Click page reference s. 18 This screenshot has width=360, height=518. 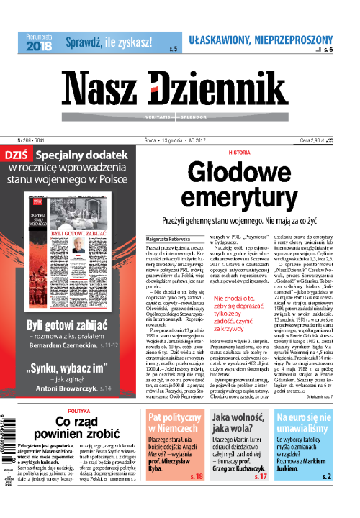click(194, 496)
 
